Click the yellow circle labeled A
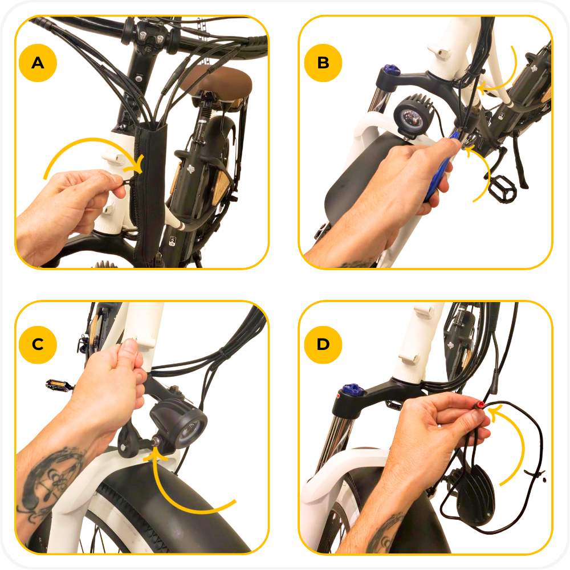tap(38, 63)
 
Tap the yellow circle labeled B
tap(323, 63)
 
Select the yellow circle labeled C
tap(38, 345)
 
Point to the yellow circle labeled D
tap(323, 345)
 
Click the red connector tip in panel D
tap(481, 404)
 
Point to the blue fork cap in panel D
tap(353, 389)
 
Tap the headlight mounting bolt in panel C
tap(156, 442)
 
